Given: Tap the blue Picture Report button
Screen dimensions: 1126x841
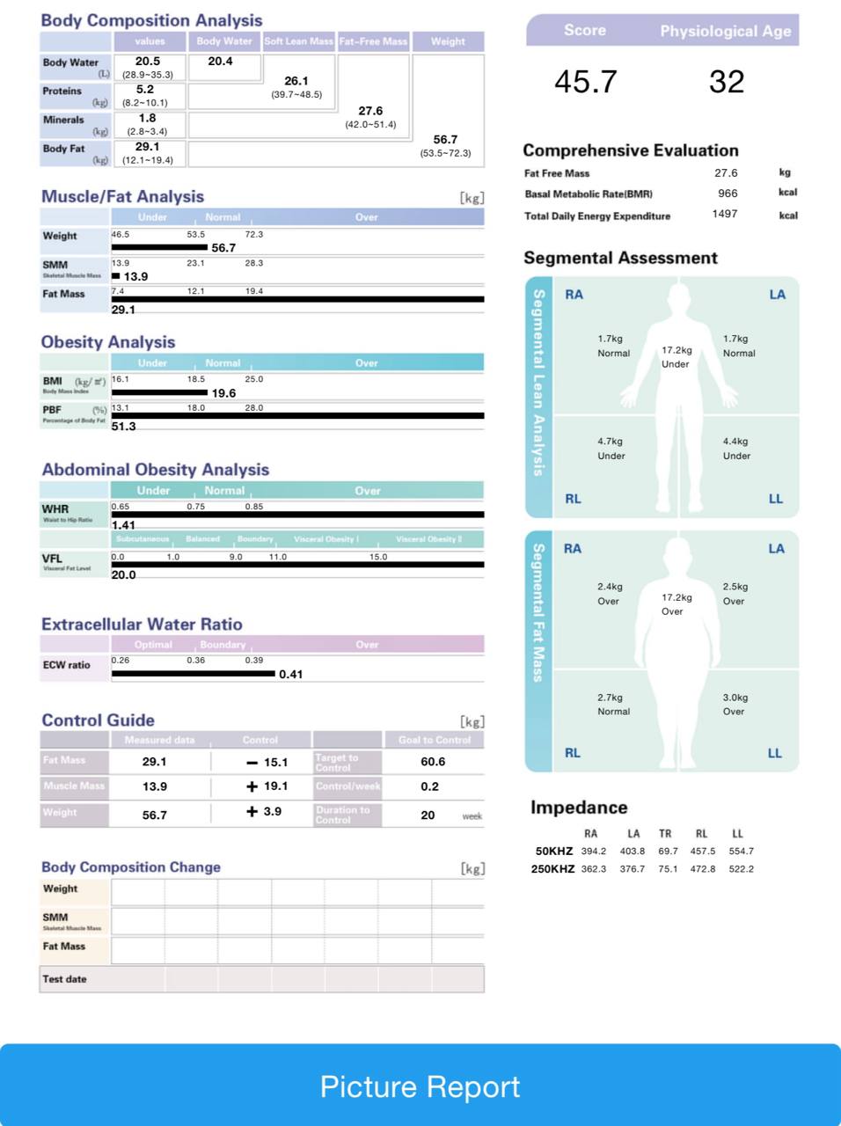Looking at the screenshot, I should pos(420,1086).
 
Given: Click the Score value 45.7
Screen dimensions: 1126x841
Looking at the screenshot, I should pos(586,82).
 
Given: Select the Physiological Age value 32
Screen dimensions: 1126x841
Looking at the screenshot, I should pos(727,82).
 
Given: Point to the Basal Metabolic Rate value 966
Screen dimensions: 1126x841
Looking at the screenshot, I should pos(728,194).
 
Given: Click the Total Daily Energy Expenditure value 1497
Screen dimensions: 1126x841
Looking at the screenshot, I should pos(725,214).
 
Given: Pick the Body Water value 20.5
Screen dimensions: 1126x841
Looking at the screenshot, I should pos(148,62).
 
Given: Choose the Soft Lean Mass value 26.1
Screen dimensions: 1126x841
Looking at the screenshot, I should pos(296,81).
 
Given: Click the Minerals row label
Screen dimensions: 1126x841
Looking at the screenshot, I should pos(63,120).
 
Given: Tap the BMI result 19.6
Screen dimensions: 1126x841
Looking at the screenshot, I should pos(223,393).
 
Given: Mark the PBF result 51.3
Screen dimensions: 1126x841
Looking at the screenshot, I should pos(123,426).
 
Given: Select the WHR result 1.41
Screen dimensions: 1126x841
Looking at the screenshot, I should pos(123,525).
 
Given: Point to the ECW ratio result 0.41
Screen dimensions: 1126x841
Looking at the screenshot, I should pos(290,675).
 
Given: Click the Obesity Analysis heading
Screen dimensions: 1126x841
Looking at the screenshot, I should pos(108,342).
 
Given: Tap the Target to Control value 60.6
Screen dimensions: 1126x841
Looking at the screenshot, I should pos(433,762).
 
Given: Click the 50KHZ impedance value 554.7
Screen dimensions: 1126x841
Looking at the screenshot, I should pos(741,852).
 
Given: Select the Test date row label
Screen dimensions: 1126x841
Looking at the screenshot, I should pos(65,979).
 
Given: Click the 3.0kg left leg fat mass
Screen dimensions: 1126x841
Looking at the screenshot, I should pos(735,698).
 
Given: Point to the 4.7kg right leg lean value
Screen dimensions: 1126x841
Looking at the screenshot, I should pos(610,442).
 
